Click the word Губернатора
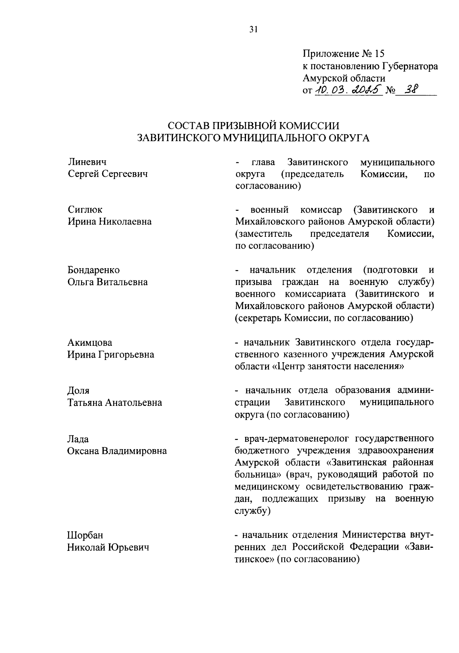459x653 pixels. (x=410, y=66)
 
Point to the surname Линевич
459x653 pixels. (x=87, y=162)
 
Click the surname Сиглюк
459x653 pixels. (x=85, y=210)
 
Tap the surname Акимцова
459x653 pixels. (x=90, y=342)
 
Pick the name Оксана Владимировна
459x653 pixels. (x=117, y=451)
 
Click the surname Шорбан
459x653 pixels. (x=85, y=535)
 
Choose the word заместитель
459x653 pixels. (x=264, y=234)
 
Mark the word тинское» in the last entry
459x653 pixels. (x=255, y=559)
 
